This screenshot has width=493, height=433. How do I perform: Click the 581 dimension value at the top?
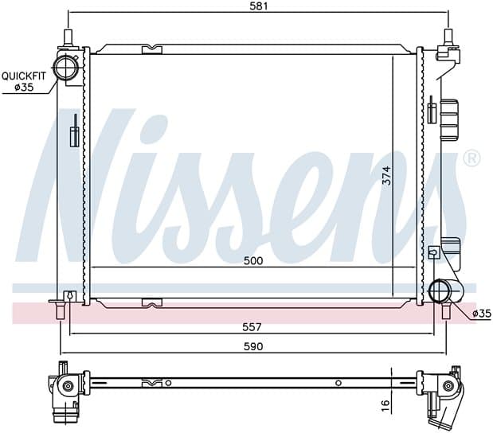click(x=259, y=6)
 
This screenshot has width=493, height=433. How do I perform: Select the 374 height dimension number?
click(x=387, y=176)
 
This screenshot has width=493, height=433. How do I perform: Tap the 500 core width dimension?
click(x=253, y=260)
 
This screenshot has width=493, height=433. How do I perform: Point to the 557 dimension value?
click(x=252, y=327)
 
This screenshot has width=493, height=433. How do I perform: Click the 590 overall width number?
click(x=253, y=346)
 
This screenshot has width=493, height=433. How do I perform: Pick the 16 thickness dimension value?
click(x=385, y=405)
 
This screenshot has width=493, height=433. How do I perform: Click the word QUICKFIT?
click(x=24, y=76)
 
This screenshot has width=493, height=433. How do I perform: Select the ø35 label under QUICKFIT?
click(x=24, y=87)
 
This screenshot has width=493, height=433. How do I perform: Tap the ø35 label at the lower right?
click(x=481, y=314)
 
